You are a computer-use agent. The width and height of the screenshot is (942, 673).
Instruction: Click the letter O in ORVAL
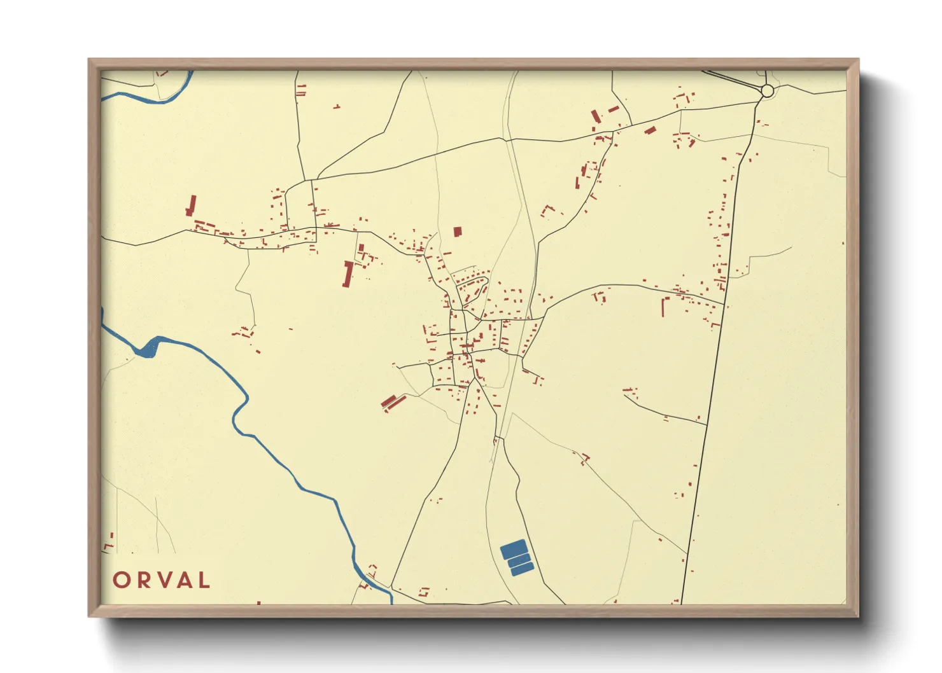click(x=122, y=580)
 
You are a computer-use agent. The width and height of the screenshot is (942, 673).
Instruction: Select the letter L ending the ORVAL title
click(x=204, y=580)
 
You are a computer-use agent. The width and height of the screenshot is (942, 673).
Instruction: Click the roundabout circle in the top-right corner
click(x=767, y=91)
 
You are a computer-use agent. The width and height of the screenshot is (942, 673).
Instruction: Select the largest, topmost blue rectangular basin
click(x=513, y=548)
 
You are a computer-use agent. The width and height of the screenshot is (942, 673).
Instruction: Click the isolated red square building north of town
click(x=457, y=232)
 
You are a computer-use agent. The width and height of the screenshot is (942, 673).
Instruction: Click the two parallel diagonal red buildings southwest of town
click(x=393, y=402)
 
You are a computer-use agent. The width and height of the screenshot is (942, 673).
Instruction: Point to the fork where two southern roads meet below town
click(x=498, y=438)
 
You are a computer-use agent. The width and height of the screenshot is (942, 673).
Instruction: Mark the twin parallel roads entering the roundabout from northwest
click(x=732, y=80)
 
